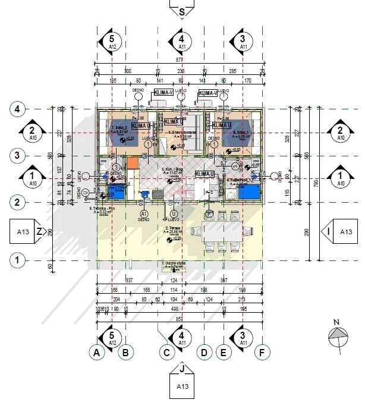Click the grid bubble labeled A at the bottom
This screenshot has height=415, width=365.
pyautogui.click(x=96, y=353)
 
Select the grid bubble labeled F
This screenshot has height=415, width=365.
pyautogui.click(x=260, y=353)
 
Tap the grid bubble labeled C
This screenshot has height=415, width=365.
pyautogui.click(x=167, y=353)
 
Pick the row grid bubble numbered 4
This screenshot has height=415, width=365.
pyautogui.click(x=18, y=109)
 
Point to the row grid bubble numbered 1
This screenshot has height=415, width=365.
pyautogui.click(x=18, y=260)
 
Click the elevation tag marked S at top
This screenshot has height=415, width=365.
pyautogui.click(x=182, y=10)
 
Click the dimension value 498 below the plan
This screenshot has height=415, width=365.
pyautogui.click(x=174, y=309)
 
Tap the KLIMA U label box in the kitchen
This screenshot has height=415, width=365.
pyautogui.click(x=204, y=174)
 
